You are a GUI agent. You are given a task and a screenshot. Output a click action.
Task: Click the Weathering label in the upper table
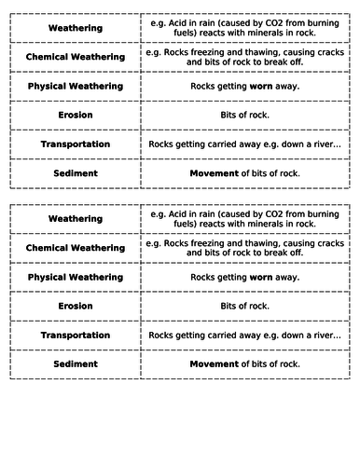(75, 28)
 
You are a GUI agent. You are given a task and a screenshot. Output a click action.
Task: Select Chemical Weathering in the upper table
(75, 57)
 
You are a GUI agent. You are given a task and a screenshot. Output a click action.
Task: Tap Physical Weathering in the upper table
(75, 86)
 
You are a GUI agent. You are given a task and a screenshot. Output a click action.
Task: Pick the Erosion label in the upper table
(75, 116)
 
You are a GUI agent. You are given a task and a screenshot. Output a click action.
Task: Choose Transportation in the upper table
(75, 144)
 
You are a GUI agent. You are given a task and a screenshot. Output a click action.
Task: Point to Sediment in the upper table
(75, 173)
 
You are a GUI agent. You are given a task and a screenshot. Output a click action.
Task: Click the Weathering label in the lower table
(75, 219)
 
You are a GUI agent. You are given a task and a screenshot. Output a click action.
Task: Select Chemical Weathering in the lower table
(75, 248)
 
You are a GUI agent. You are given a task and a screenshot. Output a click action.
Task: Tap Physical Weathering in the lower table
(75, 277)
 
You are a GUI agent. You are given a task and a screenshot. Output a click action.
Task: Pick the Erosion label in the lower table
(75, 306)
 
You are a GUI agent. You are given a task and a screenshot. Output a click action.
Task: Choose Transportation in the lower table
(75, 335)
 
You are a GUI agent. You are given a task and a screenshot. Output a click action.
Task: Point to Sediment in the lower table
(75, 363)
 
